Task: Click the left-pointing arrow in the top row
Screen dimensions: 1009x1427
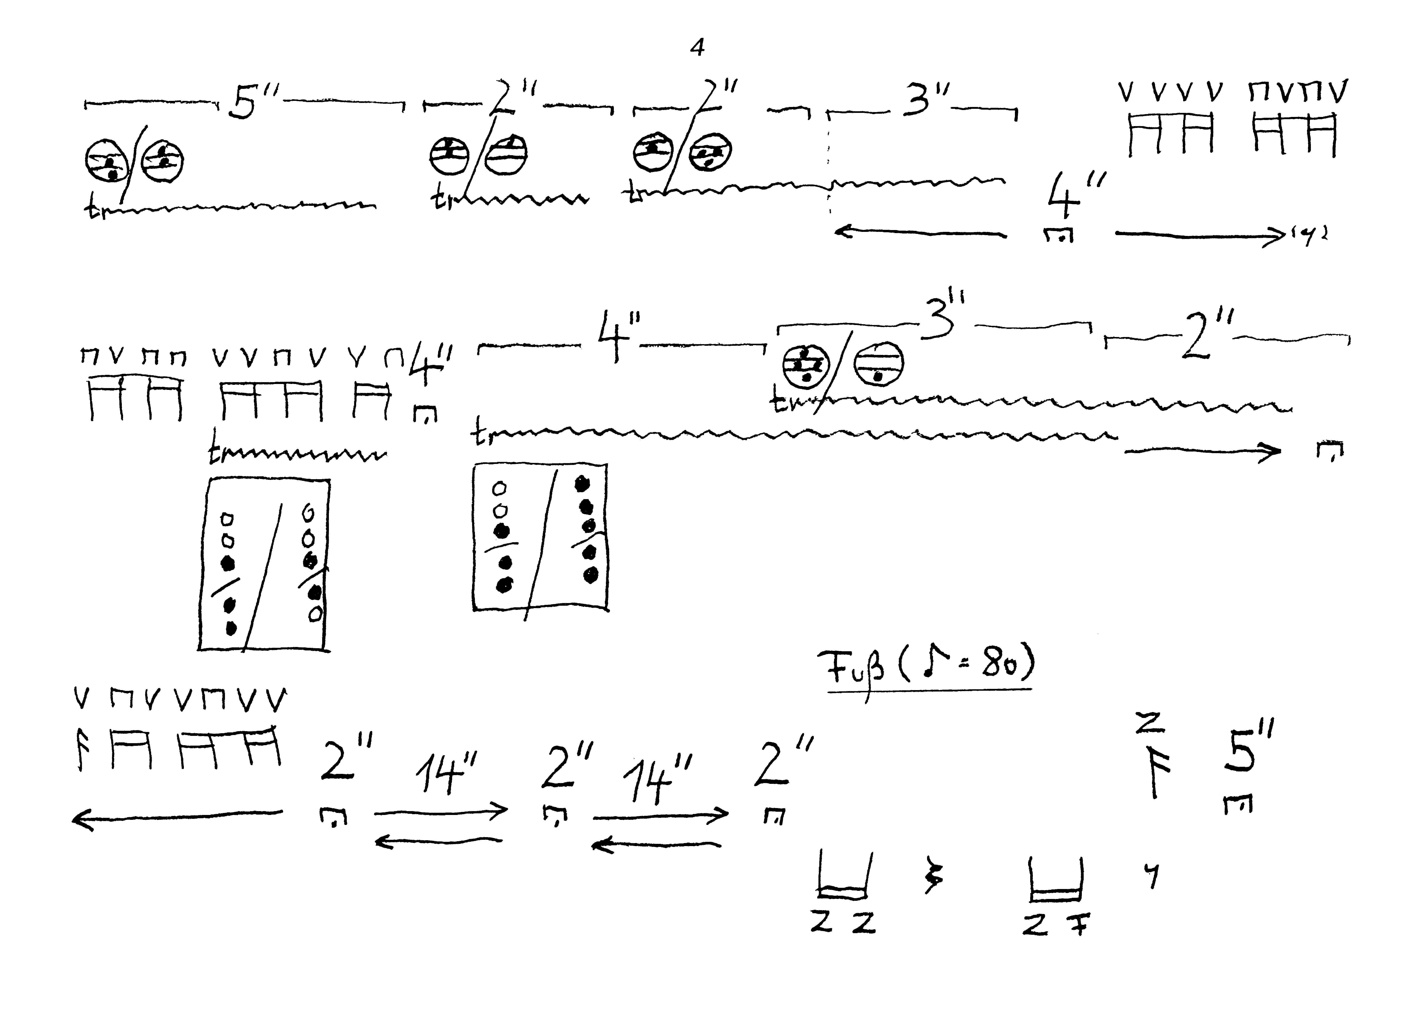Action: [920, 233]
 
